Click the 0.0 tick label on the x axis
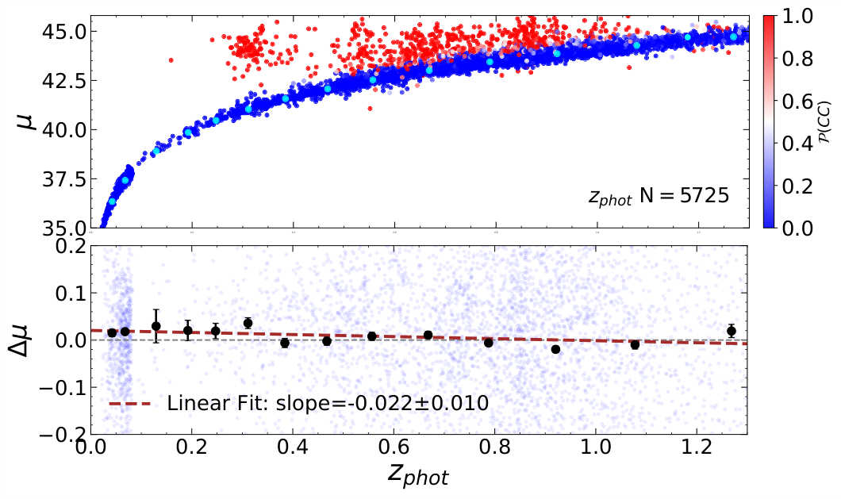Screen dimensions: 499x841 point(91,448)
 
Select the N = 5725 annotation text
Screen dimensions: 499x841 point(658,197)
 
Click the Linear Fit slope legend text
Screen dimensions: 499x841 point(328,403)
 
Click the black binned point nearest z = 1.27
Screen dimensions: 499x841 point(732,331)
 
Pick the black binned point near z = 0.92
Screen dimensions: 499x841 point(555,349)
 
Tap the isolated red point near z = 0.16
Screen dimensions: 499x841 point(171,59)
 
